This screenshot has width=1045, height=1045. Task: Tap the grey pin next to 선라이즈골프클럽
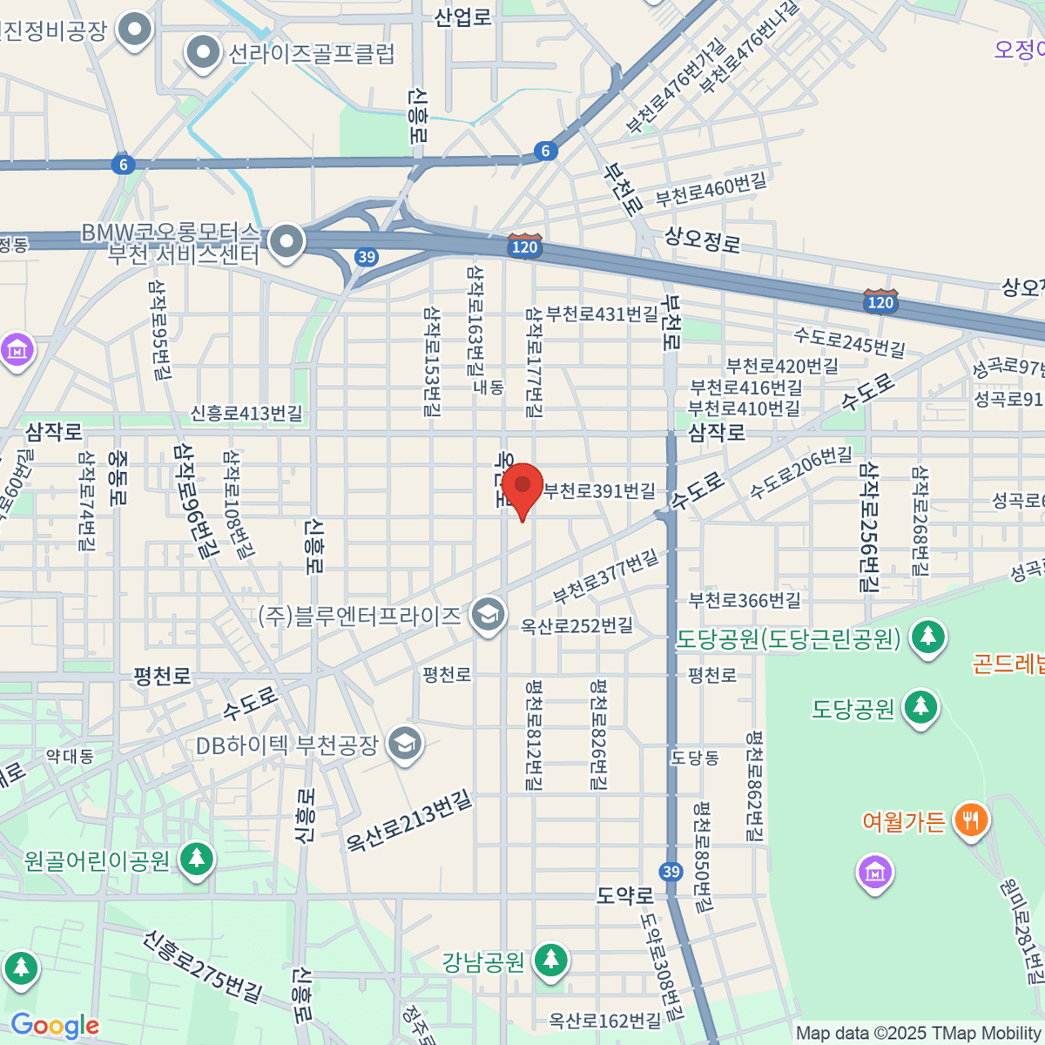(x=204, y=53)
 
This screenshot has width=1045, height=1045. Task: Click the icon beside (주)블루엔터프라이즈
(x=488, y=616)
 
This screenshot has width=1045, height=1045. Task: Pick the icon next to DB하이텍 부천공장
(x=405, y=744)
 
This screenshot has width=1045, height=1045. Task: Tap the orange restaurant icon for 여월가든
(x=970, y=820)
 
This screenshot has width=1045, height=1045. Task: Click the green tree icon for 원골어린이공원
(x=197, y=860)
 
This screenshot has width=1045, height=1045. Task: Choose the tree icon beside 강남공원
(x=550, y=961)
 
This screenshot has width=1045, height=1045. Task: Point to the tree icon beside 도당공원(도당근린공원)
(x=928, y=638)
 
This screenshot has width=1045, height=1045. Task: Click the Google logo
(x=55, y=1026)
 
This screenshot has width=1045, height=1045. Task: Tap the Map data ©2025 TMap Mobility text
(x=918, y=1034)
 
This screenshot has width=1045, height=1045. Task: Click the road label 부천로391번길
(x=600, y=491)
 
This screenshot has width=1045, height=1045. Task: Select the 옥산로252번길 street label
(x=576, y=625)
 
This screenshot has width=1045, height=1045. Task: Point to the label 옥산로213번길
(x=408, y=821)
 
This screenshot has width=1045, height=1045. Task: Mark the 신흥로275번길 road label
(x=204, y=966)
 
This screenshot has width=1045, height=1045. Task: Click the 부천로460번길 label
(x=711, y=189)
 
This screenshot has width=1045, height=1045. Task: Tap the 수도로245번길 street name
(x=849, y=340)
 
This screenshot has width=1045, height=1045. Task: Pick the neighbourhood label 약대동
(x=70, y=755)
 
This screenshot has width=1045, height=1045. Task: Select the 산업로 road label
(x=462, y=17)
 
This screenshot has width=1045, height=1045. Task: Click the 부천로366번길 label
(x=745, y=600)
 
